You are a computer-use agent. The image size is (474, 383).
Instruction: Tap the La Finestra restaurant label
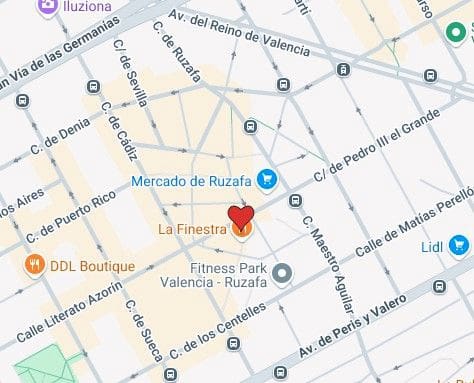click(x=191, y=230)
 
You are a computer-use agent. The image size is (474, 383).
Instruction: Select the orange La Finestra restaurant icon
click(x=241, y=230)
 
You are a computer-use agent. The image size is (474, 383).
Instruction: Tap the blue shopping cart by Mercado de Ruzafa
click(x=265, y=180)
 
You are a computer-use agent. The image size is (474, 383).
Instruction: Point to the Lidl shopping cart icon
click(x=459, y=243)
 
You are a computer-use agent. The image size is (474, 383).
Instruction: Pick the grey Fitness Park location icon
click(x=283, y=272)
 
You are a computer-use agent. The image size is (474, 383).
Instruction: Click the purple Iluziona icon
click(x=47, y=7)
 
